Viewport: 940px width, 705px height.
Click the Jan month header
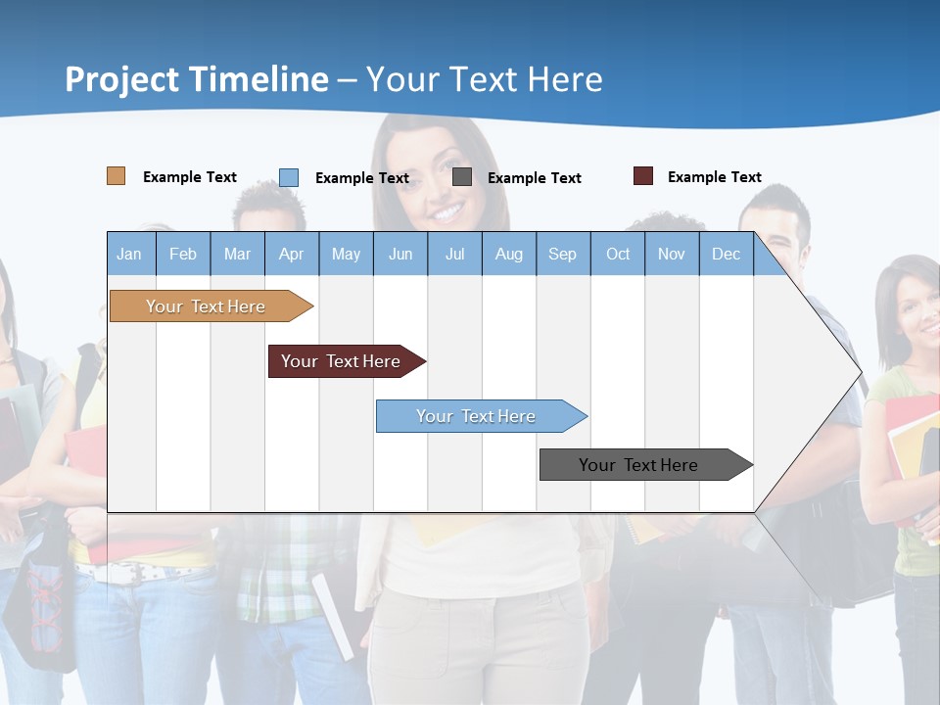tap(129, 254)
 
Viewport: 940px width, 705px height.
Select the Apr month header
tap(291, 254)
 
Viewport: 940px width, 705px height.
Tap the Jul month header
tap(454, 254)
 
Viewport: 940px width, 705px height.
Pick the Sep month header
tap(562, 254)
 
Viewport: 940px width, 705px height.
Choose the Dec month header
tap(726, 254)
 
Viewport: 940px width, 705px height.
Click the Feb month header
tap(183, 254)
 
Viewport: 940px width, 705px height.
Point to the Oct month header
tap(618, 254)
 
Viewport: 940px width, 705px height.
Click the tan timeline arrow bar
tap(207, 306)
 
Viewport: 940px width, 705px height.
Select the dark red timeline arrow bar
tap(342, 361)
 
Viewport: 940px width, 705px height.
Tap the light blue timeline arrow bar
tap(477, 416)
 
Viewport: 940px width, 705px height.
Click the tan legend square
tap(116, 176)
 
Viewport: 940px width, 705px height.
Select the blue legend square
tap(289, 177)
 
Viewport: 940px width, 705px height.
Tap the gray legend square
tap(462, 177)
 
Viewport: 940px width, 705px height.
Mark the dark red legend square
tap(642, 176)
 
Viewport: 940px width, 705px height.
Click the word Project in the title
tap(121, 79)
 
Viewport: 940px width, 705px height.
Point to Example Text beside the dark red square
tap(714, 177)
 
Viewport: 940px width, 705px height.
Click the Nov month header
tap(672, 254)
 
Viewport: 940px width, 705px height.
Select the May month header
tap(346, 254)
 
